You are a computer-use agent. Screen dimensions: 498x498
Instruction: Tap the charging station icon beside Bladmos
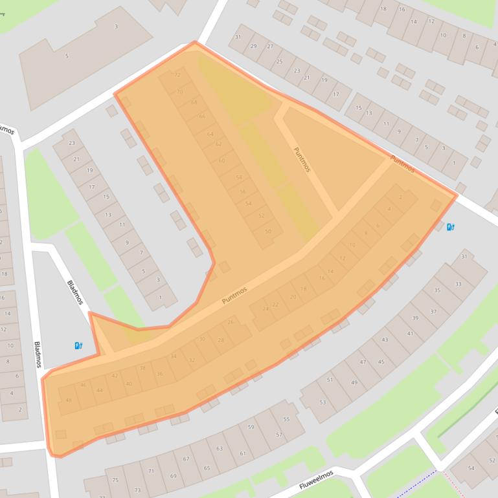click(78, 345)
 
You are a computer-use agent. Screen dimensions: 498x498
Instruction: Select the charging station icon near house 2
click(451, 226)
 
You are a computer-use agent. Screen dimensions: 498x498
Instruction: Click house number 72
click(177, 75)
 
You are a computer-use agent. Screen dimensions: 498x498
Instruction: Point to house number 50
click(268, 232)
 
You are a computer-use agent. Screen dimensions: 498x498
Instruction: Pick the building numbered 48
click(69, 400)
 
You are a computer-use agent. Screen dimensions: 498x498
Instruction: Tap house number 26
click(230, 322)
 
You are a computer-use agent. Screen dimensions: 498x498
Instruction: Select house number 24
click(265, 309)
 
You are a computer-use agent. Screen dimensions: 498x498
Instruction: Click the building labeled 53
click(322, 402)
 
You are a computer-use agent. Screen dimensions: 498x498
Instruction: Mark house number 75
click(115, 480)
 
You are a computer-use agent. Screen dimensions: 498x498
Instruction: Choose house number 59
click(251, 427)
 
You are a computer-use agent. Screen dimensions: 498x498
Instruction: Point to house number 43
click(385, 340)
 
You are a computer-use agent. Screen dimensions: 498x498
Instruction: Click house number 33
click(458, 284)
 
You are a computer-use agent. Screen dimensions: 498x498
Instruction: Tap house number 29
click(253, 46)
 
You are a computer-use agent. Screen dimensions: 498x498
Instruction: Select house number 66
click(202, 116)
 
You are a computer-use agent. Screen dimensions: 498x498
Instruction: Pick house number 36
click(159, 374)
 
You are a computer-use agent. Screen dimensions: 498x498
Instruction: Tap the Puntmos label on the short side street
click(302, 159)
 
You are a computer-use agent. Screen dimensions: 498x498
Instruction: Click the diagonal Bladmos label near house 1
click(76, 293)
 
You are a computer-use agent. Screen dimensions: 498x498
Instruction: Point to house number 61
click(243, 453)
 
